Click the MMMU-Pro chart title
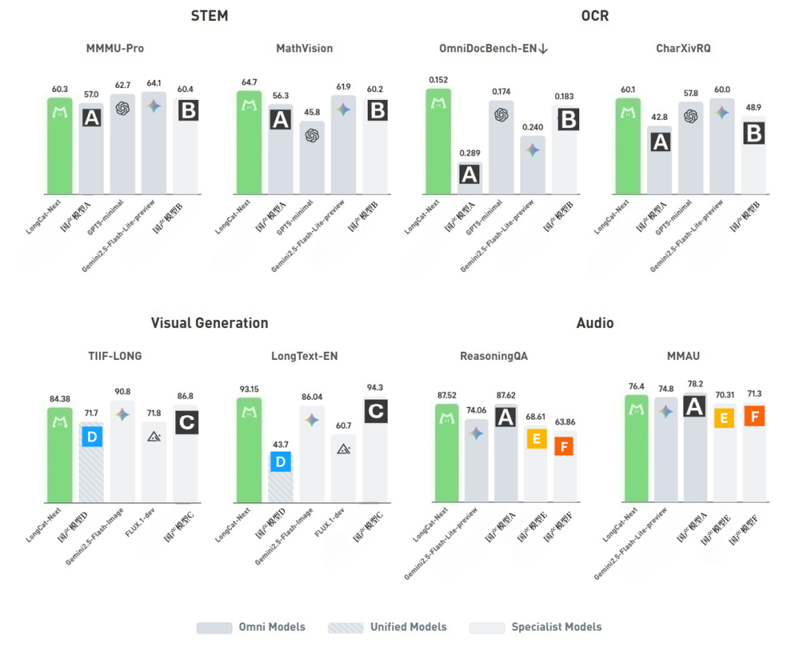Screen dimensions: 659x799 [x=115, y=49]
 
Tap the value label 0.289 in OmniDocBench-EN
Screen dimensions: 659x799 [x=469, y=153]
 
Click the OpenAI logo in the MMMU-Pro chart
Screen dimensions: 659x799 [x=122, y=108]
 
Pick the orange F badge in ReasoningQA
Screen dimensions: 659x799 [x=565, y=446]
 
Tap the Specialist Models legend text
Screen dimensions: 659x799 [x=556, y=627]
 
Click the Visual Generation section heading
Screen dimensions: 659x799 [x=209, y=323]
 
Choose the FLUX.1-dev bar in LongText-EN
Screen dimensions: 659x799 [x=343, y=468]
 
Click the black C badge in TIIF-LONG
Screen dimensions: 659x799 [x=186, y=423]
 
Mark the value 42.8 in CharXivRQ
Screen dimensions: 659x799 [x=659, y=116]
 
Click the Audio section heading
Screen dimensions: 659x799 [x=595, y=323]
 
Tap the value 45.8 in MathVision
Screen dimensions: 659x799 [x=311, y=112]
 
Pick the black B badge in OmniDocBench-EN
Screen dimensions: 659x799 [x=567, y=118]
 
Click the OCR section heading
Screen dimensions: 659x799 [x=595, y=15]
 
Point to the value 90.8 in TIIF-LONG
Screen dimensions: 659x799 [x=123, y=392]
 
